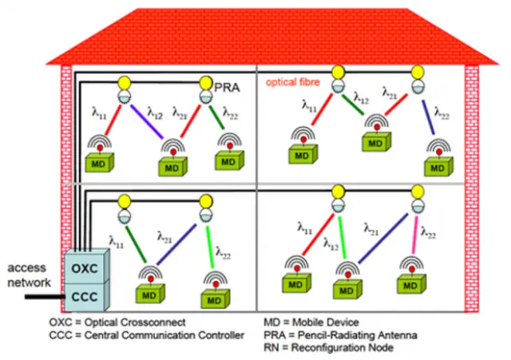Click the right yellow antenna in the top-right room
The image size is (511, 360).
click(417, 72)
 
